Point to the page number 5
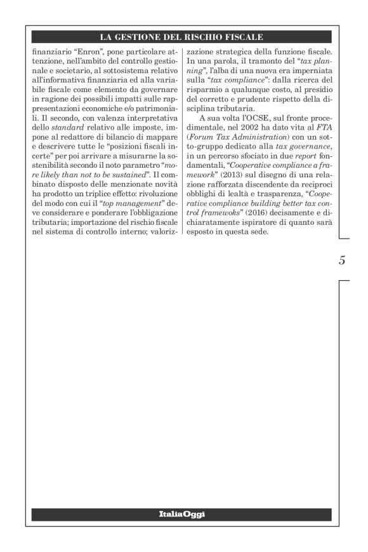[x=342, y=260]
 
